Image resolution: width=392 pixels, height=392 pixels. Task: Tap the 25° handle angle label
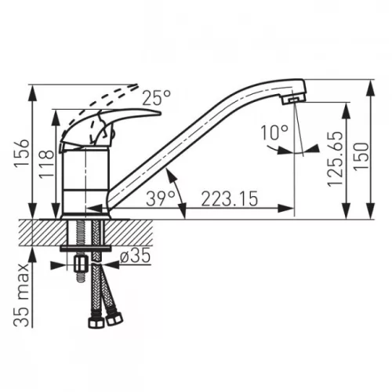click(157, 98)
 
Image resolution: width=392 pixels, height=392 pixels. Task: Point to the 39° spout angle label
click(161, 198)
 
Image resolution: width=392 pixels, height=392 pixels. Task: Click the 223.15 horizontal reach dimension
click(230, 198)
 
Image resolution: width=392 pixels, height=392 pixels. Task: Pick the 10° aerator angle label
click(274, 132)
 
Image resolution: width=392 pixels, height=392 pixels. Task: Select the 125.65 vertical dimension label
click(335, 159)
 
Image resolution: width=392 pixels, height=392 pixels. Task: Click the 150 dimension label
click(361, 157)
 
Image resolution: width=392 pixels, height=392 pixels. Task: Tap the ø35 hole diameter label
click(135, 256)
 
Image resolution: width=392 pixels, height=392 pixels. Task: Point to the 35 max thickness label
click(21, 296)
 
